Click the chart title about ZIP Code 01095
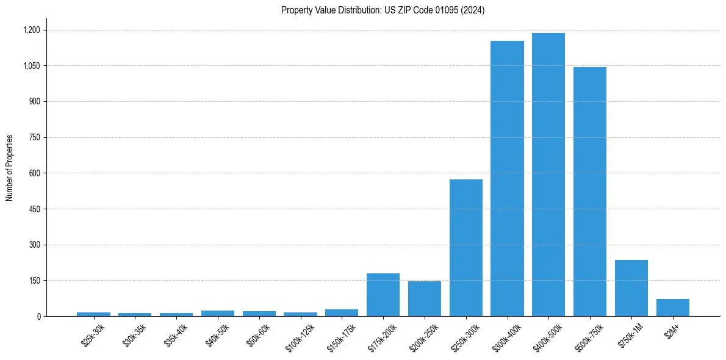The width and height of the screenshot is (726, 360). (383, 10)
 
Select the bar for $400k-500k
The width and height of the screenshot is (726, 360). (548, 175)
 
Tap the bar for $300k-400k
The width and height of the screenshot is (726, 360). (507, 178)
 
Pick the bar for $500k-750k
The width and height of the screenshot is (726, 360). (590, 192)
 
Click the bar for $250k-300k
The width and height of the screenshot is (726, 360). (466, 248)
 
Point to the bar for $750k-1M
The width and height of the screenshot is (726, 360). (631, 288)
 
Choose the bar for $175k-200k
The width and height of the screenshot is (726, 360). (383, 295)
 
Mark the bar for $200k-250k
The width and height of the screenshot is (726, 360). (425, 299)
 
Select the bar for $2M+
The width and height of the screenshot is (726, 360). (673, 308)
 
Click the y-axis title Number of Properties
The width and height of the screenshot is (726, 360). (10, 168)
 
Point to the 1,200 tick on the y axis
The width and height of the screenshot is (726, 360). (31, 30)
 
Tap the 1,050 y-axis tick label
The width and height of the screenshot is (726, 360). (31, 66)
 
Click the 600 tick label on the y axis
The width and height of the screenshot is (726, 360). (34, 173)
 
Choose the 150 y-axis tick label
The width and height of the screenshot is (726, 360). (34, 281)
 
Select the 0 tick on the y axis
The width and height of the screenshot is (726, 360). (38, 317)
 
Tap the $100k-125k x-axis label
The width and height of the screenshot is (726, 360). (300, 337)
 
